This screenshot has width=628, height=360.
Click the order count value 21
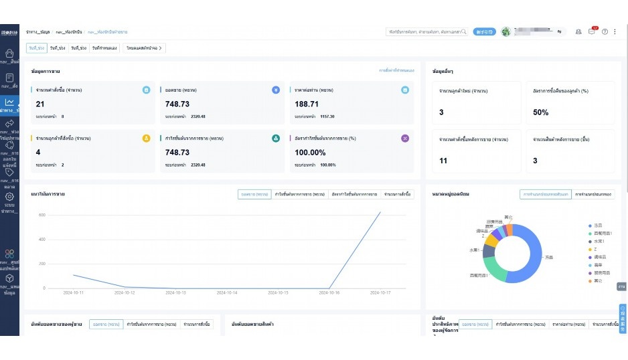point(40,104)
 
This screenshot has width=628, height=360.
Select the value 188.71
point(306,104)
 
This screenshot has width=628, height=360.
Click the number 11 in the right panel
point(443,161)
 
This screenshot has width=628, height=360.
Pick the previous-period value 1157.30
point(327,116)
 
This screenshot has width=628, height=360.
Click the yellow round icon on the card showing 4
point(146,138)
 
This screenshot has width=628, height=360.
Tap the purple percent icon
point(404,138)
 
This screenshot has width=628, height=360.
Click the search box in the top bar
point(426,31)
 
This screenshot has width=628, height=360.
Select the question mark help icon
point(605,31)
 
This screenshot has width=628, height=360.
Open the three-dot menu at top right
point(615,31)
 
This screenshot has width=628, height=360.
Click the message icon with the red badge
point(591,31)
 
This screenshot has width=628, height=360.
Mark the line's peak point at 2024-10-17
point(380,212)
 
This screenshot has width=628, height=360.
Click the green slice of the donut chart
point(493,269)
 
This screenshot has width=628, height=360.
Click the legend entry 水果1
point(599,241)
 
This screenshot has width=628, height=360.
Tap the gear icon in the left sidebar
point(9,197)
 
